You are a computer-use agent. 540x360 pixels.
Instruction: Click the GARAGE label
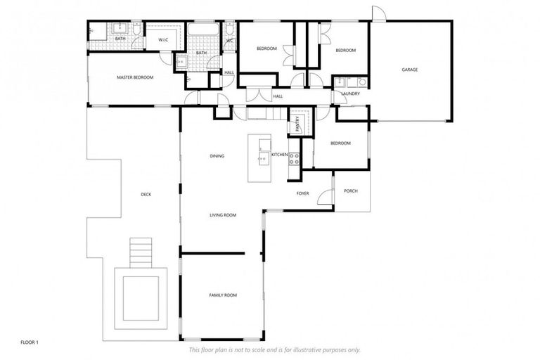(x=410, y=70)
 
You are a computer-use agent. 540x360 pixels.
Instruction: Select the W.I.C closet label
(x=162, y=39)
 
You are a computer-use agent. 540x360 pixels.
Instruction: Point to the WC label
(x=230, y=40)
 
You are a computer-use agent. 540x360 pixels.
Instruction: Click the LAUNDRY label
(x=350, y=94)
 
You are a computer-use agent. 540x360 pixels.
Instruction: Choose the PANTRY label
(x=297, y=124)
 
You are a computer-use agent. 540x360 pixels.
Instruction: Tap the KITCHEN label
(x=280, y=154)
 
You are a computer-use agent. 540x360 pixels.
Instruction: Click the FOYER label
(x=302, y=193)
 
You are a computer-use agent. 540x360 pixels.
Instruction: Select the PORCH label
(x=351, y=191)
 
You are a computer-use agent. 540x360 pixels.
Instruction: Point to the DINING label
(x=217, y=155)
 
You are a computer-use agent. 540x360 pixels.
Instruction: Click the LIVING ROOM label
(x=223, y=215)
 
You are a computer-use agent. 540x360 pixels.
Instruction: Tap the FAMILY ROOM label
(x=223, y=295)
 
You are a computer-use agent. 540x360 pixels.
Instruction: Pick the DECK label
(x=146, y=195)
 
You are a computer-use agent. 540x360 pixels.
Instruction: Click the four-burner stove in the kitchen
(x=295, y=159)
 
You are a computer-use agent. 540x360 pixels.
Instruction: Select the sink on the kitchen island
(x=263, y=159)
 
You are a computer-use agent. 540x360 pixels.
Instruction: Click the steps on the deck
(x=141, y=251)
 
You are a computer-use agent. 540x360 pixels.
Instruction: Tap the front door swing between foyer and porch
(x=325, y=198)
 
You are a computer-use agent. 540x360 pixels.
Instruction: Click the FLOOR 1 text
(x=29, y=342)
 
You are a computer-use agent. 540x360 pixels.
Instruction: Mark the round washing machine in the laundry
(x=362, y=82)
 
